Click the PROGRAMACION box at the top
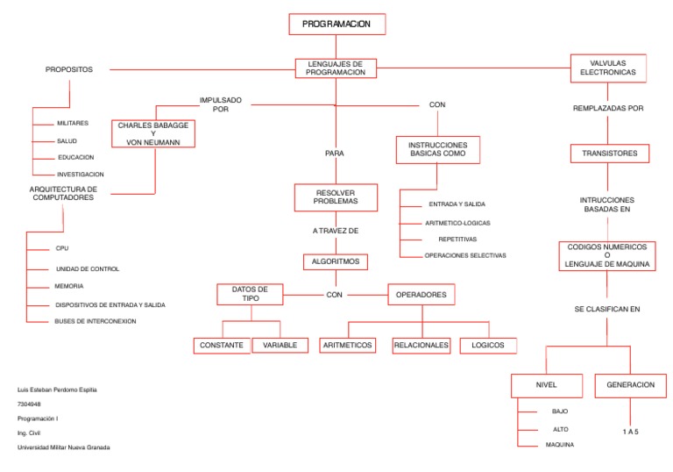coord(336,25)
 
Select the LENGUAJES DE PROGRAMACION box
coord(336,68)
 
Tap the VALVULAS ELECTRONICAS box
coord(608,68)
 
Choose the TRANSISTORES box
coord(608,154)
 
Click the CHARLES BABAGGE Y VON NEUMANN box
coord(153,133)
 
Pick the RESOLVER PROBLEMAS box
coord(336,197)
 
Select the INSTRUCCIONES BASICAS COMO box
coord(438,149)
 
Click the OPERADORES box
coord(422,295)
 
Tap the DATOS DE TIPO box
coord(251,294)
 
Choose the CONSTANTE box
coord(222,346)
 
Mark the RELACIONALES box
coord(422,346)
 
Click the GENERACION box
coord(630,385)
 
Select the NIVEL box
coord(546,385)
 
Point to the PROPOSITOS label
coord(69,69)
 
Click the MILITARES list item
coord(74,124)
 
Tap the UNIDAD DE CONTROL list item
coord(88,269)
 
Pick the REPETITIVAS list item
coord(457,239)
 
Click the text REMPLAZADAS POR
coord(608,109)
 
